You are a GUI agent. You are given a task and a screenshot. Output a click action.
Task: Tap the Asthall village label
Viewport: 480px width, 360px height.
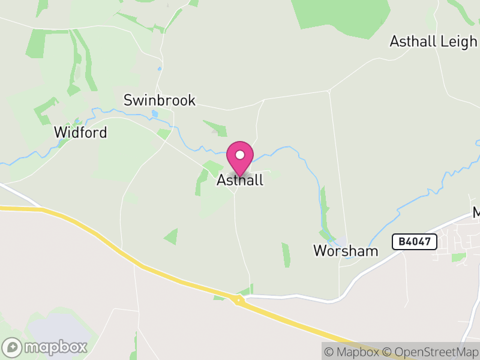click(240, 180)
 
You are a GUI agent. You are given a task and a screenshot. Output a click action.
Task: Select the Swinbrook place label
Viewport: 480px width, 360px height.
click(160, 100)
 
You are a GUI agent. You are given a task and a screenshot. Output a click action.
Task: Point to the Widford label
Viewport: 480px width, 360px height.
click(80, 132)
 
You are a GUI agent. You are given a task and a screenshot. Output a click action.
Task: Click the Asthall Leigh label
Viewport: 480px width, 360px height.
click(433, 41)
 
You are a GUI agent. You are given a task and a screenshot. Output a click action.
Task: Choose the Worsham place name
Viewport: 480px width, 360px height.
click(346, 251)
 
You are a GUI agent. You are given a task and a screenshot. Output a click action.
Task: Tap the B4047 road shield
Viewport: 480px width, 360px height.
click(414, 242)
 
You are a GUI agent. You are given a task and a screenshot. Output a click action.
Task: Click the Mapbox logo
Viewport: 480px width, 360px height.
click(45, 347)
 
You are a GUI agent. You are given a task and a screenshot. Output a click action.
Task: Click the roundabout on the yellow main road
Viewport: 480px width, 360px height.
click(239, 299)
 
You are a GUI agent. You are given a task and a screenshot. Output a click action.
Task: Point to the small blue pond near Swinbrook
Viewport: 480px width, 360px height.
click(155, 113)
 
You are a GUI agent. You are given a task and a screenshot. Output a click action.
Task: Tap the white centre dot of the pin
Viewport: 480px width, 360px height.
click(240, 155)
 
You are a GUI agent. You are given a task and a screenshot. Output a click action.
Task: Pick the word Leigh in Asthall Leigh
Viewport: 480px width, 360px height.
click(459, 41)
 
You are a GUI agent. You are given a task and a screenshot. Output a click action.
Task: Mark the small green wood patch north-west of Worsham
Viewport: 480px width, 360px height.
click(286, 254)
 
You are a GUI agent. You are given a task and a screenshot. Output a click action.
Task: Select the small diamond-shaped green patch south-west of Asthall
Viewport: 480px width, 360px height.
click(171, 236)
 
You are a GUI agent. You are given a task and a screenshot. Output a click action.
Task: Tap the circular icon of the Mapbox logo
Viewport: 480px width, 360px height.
click(12, 347)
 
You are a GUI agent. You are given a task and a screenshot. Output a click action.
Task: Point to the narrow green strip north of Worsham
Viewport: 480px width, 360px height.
click(325, 207)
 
